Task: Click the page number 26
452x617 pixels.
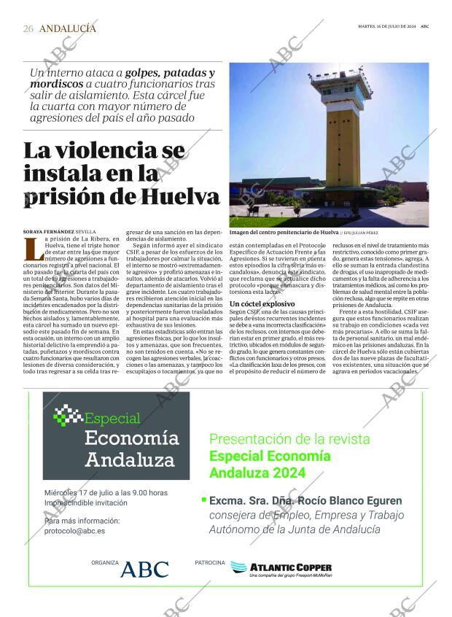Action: point(28,28)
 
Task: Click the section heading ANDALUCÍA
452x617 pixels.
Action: point(67,28)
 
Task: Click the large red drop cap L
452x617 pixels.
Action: point(32,249)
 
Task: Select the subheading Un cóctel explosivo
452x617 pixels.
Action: point(262,303)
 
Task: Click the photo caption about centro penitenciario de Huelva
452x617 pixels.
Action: point(284,231)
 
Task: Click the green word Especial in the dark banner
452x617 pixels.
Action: point(112,419)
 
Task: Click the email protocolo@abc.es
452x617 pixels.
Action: point(74,531)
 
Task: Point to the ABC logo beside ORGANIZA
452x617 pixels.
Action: point(144,569)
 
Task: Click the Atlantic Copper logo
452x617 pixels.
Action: point(281,568)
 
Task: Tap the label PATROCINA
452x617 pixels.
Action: point(209,562)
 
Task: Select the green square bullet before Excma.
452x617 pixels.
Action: point(203,500)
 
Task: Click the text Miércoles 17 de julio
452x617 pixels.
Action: point(77,493)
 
